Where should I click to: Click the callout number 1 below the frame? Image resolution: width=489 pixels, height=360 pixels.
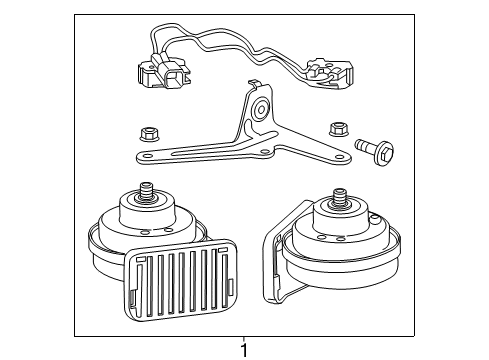(x=243, y=349)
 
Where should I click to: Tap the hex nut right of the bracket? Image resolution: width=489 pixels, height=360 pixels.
(x=336, y=128)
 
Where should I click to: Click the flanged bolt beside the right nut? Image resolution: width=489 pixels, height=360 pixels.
(x=371, y=149)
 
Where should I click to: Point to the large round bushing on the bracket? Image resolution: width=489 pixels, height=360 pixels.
(x=261, y=108)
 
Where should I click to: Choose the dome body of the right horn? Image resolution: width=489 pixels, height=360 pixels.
(x=338, y=225)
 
